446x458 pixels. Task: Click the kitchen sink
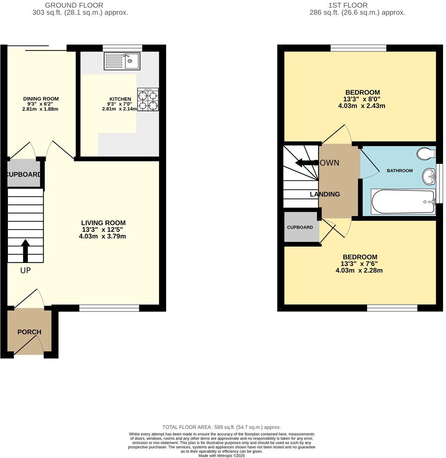click(122, 61)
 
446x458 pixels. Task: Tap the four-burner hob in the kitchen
click(148, 100)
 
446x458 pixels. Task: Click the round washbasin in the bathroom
click(429, 176)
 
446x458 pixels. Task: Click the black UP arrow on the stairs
click(25, 251)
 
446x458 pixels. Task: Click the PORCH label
click(29, 332)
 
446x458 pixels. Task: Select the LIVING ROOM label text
click(103, 223)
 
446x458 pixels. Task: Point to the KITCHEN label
click(120, 99)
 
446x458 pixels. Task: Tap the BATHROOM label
click(400, 171)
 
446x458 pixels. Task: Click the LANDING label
click(325, 194)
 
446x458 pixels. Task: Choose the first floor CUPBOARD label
click(300, 227)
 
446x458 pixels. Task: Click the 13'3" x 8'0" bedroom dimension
click(362, 99)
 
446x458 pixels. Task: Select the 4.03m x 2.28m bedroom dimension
click(359, 271)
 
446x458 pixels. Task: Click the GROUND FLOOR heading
click(74, 5)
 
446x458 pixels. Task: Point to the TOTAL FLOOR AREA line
click(222, 427)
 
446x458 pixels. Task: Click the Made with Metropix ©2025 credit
click(222, 456)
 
